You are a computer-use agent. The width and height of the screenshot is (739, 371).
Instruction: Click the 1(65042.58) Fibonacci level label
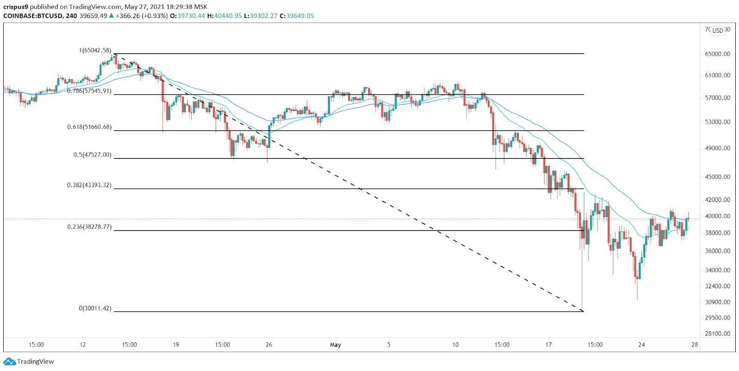point(95,50)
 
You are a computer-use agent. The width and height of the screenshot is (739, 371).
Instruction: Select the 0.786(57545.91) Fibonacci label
point(89,91)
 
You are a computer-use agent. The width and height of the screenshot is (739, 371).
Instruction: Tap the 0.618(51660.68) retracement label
point(89,127)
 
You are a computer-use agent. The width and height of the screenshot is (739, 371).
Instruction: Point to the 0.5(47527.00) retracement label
point(92,155)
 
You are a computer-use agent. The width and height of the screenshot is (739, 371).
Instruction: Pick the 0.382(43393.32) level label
point(89,185)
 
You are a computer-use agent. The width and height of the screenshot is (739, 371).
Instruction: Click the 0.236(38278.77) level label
point(89,227)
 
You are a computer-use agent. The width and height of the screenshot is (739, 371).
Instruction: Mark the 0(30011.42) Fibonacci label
point(95,308)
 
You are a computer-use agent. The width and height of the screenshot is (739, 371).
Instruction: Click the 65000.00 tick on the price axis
point(717,54)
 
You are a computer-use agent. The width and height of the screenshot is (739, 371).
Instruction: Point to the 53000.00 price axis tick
point(717,122)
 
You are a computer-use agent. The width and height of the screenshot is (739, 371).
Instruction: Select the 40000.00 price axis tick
point(717,216)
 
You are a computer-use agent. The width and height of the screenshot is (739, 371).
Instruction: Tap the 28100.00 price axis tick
point(717,334)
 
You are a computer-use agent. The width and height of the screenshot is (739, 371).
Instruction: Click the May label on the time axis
point(336,345)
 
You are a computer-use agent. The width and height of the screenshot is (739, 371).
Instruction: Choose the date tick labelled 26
point(269,345)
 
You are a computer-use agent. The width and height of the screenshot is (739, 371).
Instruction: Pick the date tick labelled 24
point(641,345)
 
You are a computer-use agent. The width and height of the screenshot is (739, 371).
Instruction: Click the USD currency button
point(717,30)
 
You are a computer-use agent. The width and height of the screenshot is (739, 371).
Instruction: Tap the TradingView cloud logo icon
point(9,361)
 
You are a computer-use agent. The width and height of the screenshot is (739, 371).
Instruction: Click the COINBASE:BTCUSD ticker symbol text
point(31,16)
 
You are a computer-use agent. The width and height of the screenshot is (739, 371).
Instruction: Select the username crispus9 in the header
point(16,7)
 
